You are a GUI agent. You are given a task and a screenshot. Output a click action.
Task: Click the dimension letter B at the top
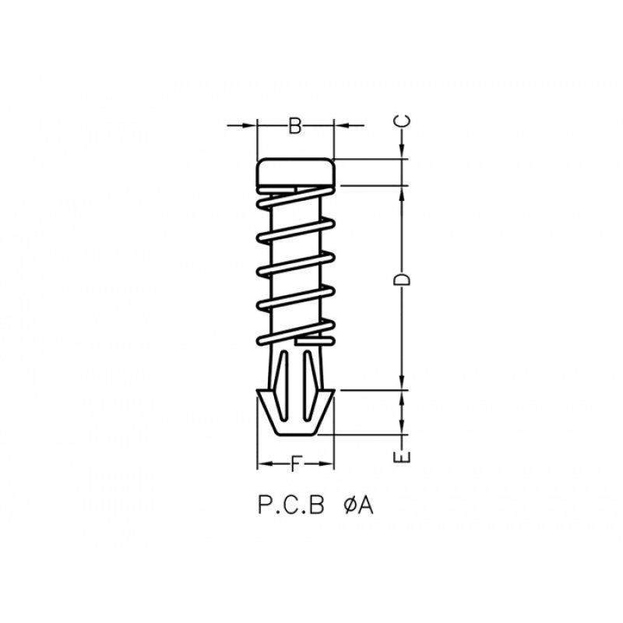(x=295, y=125)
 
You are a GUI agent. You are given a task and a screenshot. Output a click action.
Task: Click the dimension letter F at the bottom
(x=295, y=466)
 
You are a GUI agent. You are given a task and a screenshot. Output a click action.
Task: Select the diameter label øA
(x=359, y=506)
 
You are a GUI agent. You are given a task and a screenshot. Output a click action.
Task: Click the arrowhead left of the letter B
(x=251, y=125)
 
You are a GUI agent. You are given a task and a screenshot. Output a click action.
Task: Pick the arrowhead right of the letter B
(x=340, y=125)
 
